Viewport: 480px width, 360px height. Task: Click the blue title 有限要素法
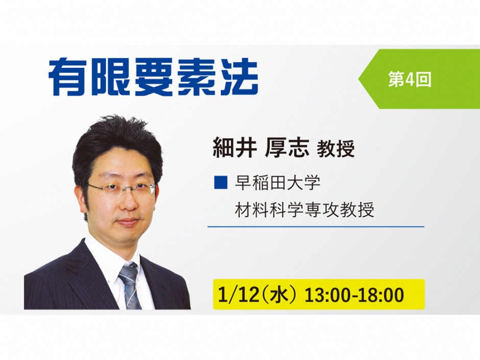(x=153, y=78)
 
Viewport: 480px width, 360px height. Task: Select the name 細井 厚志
(x=261, y=149)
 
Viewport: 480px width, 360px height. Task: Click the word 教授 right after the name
(x=335, y=150)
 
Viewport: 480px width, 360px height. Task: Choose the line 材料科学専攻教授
(x=304, y=209)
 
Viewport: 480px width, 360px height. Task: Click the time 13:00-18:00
(x=354, y=295)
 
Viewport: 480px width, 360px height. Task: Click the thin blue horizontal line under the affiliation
(x=316, y=226)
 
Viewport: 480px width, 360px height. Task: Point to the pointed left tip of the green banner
(x=359, y=79)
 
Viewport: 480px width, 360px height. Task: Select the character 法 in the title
(x=237, y=78)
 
